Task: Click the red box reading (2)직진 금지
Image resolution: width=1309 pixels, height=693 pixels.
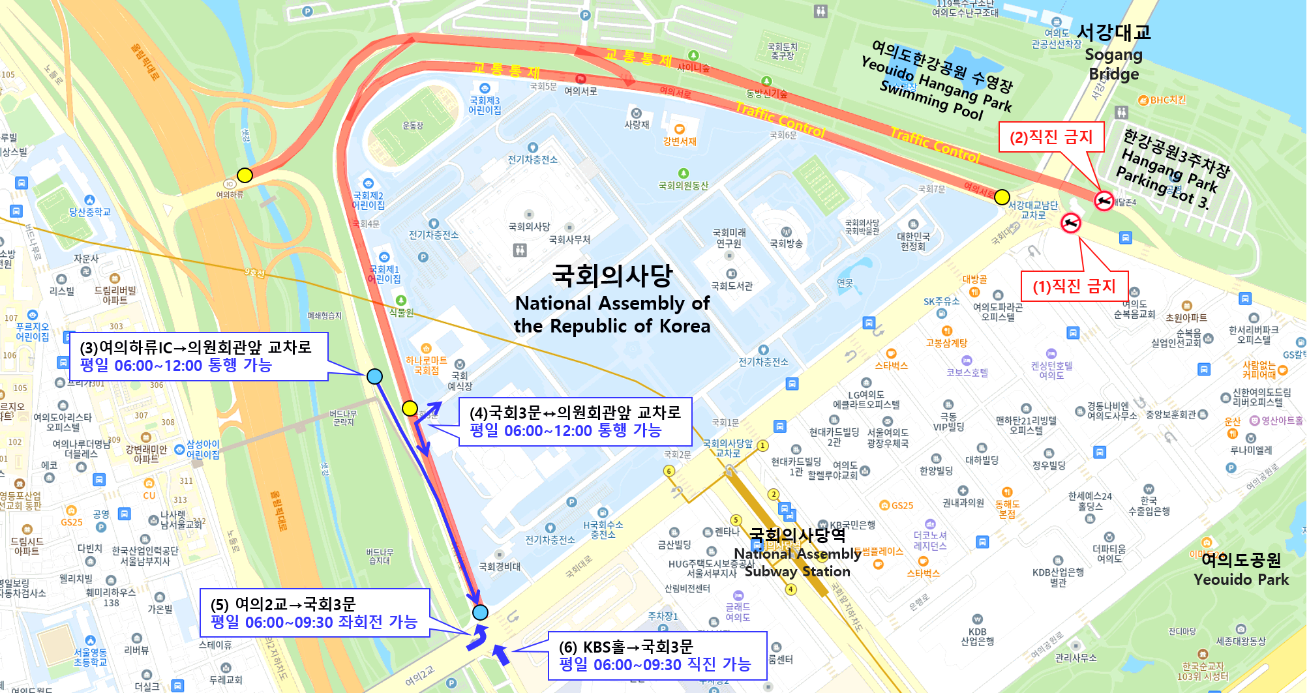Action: (1051, 137)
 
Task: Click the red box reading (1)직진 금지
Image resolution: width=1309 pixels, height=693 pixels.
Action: (1074, 286)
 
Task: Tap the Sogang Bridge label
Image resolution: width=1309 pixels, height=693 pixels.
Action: (1114, 52)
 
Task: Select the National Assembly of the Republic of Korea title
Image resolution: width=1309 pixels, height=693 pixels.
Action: (612, 300)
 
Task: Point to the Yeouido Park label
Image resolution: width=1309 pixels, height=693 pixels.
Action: (1241, 570)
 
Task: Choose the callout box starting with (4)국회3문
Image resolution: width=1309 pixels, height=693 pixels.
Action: (575, 422)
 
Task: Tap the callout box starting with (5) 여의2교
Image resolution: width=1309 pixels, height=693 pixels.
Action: (314, 613)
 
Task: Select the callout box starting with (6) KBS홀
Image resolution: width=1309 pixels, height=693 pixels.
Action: (657, 655)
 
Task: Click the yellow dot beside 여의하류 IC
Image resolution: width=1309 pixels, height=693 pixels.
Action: (245, 175)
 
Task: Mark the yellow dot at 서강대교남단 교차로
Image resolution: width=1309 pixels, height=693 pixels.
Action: (1002, 197)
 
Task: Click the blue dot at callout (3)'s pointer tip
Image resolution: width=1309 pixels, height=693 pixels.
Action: (374, 376)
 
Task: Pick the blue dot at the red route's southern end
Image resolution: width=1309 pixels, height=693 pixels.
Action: (480, 612)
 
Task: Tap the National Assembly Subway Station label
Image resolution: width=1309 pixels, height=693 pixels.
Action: (798, 553)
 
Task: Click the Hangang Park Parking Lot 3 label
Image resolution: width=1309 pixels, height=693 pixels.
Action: (1171, 169)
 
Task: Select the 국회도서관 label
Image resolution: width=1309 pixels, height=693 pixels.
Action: (732, 286)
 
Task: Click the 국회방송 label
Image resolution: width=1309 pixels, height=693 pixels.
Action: (786, 243)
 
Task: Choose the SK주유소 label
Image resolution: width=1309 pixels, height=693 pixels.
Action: (941, 301)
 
